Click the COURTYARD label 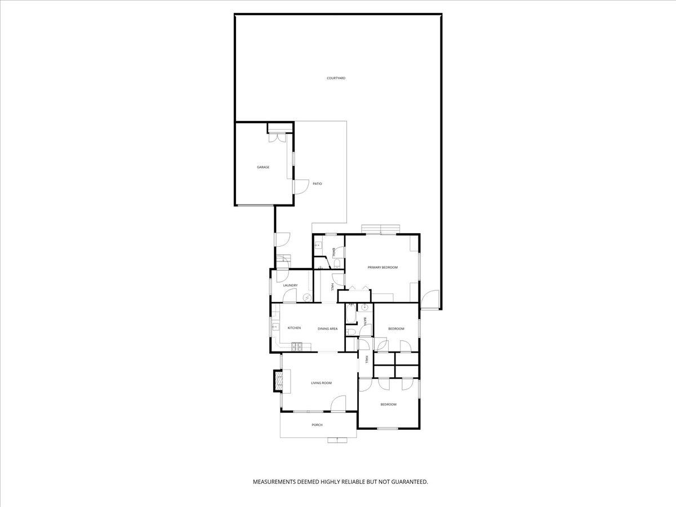point(336,78)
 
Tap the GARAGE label point(263,167)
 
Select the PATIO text point(317,184)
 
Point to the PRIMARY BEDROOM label point(383,267)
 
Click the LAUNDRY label point(290,286)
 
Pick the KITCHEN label point(294,328)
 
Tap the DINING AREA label point(327,328)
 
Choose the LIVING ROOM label point(321,383)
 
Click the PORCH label point(317,425)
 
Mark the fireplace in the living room point(278,380)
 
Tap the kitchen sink point(275,326)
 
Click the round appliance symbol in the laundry point(308,297)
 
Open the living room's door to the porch point(338,403)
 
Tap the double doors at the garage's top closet point(278,137)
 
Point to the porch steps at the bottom point(337,440)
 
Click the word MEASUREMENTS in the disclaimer point(274,482)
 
